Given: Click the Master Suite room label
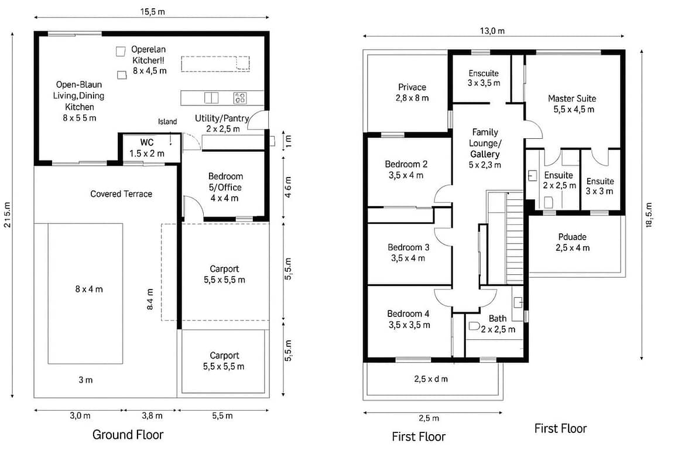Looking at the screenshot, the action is pyautogui.click(x=572, y=104).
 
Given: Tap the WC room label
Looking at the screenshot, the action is pyautogui.click(x=147, y=148).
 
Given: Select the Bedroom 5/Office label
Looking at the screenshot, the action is pyautogui.click(x=225, y=187).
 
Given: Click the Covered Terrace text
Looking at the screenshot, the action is pyautogui.click(x=121, y=194).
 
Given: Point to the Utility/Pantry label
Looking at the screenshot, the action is pyautogui.click(x=222, y=123).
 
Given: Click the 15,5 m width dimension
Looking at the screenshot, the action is pyautogui.click(x=152, y=12).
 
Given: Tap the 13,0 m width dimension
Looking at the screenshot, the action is pyautogui.click(x=492, y=30).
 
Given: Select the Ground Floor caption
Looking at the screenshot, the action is pyautogui.click(x=128, y=434).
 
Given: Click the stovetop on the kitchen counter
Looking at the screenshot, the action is pyautogui.click(x=240, y=98).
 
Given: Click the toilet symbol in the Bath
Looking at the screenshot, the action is pyautogui.click(x=474, y=326).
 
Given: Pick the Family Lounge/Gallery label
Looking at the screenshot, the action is pyautogui.click(x=485, y=148).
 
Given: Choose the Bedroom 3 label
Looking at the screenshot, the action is pyautogui.click(x=409, y=253).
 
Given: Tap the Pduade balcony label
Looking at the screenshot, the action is pyautogui.click(x=572, y=243).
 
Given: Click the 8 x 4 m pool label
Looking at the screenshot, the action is pyautogui.click(x=89, y=289).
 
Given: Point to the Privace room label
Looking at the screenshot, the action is pyautogui.click(x=412, y=92).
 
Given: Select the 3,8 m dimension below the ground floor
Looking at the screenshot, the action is pyautogui.click(x=152, y=415).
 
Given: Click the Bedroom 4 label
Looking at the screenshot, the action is pyautogui.click(x=409, y=319).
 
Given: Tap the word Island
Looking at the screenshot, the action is pyautogui.click(x=167, y=122).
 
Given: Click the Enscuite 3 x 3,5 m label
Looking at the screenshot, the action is pyautogui.click(x=484, y=78).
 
